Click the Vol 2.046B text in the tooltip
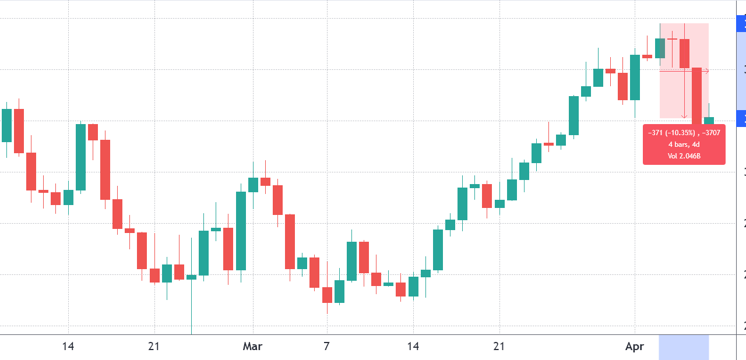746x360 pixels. click(x=684, y=156)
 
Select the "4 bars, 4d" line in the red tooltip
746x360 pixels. click(x=684, y=144)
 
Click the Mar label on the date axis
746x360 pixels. click(x=252, y=347)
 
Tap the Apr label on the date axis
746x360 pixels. click(x=634, y=347)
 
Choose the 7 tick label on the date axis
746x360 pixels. click(x=326, y=347)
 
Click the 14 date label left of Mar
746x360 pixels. click(x=68, y=347)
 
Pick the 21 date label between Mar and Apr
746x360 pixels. click(x=499, y=347)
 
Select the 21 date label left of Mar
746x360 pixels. click(x=154, y=347)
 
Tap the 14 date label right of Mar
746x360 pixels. click(x=413, y=347)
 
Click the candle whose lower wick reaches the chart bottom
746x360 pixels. click(x=191, y=277)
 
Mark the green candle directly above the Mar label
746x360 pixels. click(x=253, y=185)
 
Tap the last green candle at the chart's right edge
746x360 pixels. click(x=709, y=121)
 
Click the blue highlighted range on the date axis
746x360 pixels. click(x=684, y=347)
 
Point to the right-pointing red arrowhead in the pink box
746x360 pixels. click(x=707, y=71)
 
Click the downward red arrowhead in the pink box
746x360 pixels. click(x=684, y=117)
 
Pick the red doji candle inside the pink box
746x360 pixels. click(x=672, y=39)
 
